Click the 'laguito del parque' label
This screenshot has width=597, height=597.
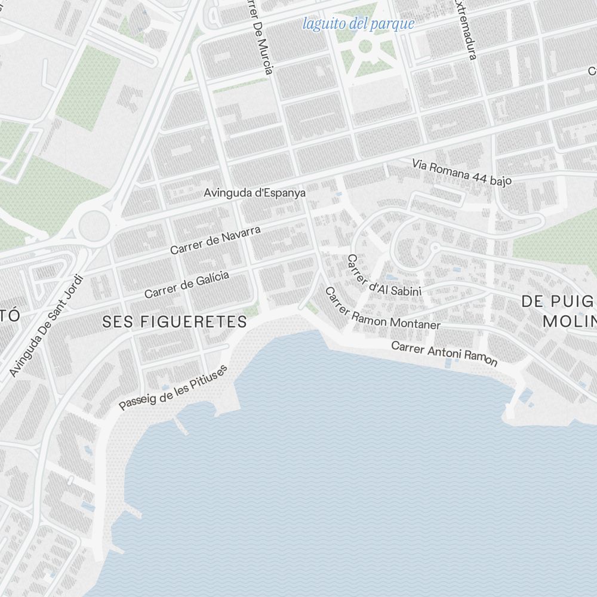pos(358,24)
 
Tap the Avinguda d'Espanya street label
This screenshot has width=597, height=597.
pos(255,193)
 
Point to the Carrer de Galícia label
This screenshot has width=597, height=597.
pos(187,284)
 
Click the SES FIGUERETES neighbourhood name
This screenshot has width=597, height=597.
pos(174,322)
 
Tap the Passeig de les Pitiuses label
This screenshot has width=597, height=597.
pos(173,387)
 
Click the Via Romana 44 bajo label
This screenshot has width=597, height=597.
pos(462,172)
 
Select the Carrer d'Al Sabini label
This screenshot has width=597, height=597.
pos(384,276)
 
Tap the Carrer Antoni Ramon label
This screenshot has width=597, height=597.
pos(444,353)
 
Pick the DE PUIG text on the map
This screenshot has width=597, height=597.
pos(558,301)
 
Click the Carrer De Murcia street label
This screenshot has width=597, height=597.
pos(260,36)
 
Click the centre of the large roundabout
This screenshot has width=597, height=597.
pos(94,225)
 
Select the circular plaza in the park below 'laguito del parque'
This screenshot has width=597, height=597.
pos(365,46)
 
